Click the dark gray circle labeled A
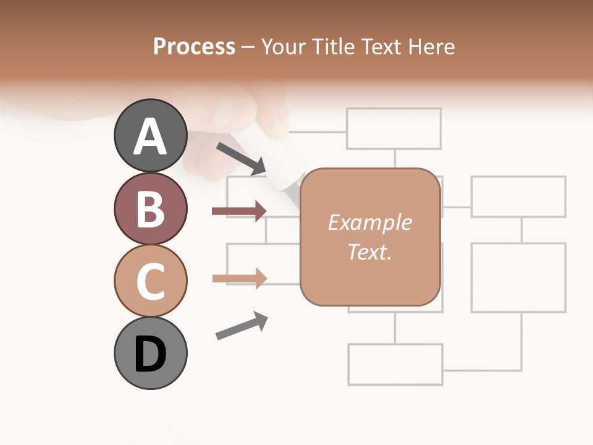(x=150, y=135)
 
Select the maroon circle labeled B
(x=150, y=208)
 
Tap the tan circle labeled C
(x=150, y=281)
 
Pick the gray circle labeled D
(x=150, y=353)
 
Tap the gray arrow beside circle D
(x=242, y=326)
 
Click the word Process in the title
(x=194, y=46)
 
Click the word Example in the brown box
(x=369, y=222)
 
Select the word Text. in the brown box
(x=369, y=252)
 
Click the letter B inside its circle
(x=150, y=209)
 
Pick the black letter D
(x=150, y=354)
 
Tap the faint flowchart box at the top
(x=393, y=129)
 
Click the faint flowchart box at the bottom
(x=395, y=364)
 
